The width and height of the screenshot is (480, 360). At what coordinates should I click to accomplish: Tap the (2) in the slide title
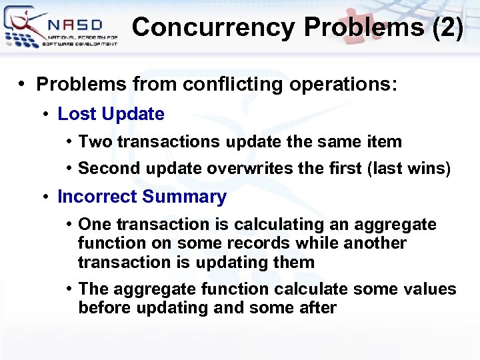pyautogui.click(x=446, y=28)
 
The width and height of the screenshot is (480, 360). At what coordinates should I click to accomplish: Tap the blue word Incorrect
pyautogui.click(x=97, y=197)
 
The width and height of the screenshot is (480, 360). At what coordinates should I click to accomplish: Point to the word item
pyautogui.click(x=385, y=141)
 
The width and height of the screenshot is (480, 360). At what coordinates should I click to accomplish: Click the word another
pyautogui.click(x=375, y=243)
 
